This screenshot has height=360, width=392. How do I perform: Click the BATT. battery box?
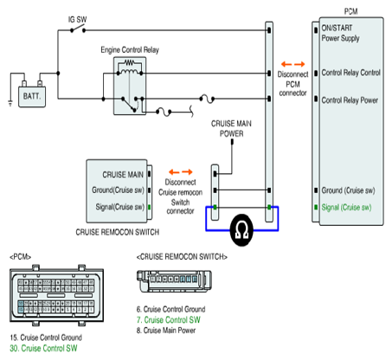[32, 97]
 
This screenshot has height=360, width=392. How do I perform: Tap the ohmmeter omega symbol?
[241, 230]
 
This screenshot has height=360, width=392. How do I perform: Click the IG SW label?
[77, 20]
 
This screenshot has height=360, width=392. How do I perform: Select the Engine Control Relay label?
[130, 50]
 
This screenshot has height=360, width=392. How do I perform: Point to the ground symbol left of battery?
[10, 103]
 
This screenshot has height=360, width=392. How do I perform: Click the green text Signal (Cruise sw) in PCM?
[346, 208]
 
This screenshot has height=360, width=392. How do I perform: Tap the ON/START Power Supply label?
[340, 33]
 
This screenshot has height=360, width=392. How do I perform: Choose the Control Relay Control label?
[351, 73]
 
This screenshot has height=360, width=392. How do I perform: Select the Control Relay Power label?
[350, 100]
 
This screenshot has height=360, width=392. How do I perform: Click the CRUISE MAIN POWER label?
[231, 129]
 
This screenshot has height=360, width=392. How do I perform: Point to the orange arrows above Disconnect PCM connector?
[293, 64]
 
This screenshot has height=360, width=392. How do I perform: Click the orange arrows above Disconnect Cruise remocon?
[181, 172]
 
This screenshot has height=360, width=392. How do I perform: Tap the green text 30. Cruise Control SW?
[43, 348]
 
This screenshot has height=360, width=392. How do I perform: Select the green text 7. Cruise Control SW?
[169, 320]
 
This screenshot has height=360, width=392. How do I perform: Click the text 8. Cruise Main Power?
[166, 331]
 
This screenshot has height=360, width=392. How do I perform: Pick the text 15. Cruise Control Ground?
[46, 337]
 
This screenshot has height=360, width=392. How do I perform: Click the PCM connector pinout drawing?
[56, 295]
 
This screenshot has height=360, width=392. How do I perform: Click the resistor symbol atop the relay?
[129, 62]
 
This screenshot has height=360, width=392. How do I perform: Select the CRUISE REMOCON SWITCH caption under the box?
[118, 232]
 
